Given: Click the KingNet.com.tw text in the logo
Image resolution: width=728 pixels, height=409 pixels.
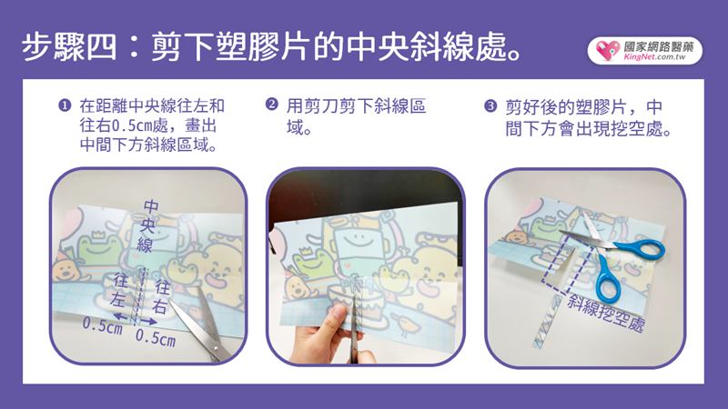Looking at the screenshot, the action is point(654,57).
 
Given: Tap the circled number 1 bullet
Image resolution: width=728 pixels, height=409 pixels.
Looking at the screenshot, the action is point(65,105).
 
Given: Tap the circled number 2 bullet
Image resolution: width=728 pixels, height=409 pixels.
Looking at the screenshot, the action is point(271,104).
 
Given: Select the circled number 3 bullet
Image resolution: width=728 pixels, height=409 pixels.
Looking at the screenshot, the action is point(490,106).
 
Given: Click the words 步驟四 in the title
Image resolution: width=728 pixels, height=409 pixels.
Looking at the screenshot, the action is point(69,47).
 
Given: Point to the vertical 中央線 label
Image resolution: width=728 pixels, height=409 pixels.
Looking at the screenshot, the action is point(148,225).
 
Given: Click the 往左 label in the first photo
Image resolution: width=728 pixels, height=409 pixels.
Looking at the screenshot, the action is point(120,290).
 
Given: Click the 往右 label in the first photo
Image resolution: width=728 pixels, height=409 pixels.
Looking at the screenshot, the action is point(161,297).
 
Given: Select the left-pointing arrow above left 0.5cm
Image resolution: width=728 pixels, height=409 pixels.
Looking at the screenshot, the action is point(121,316).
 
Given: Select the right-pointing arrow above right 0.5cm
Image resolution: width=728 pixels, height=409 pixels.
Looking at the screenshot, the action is point(148,322).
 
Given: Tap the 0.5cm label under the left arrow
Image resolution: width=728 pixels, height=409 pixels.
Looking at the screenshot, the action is point(102,326).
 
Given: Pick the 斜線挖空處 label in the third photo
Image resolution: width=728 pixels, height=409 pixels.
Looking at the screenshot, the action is point(605,313).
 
